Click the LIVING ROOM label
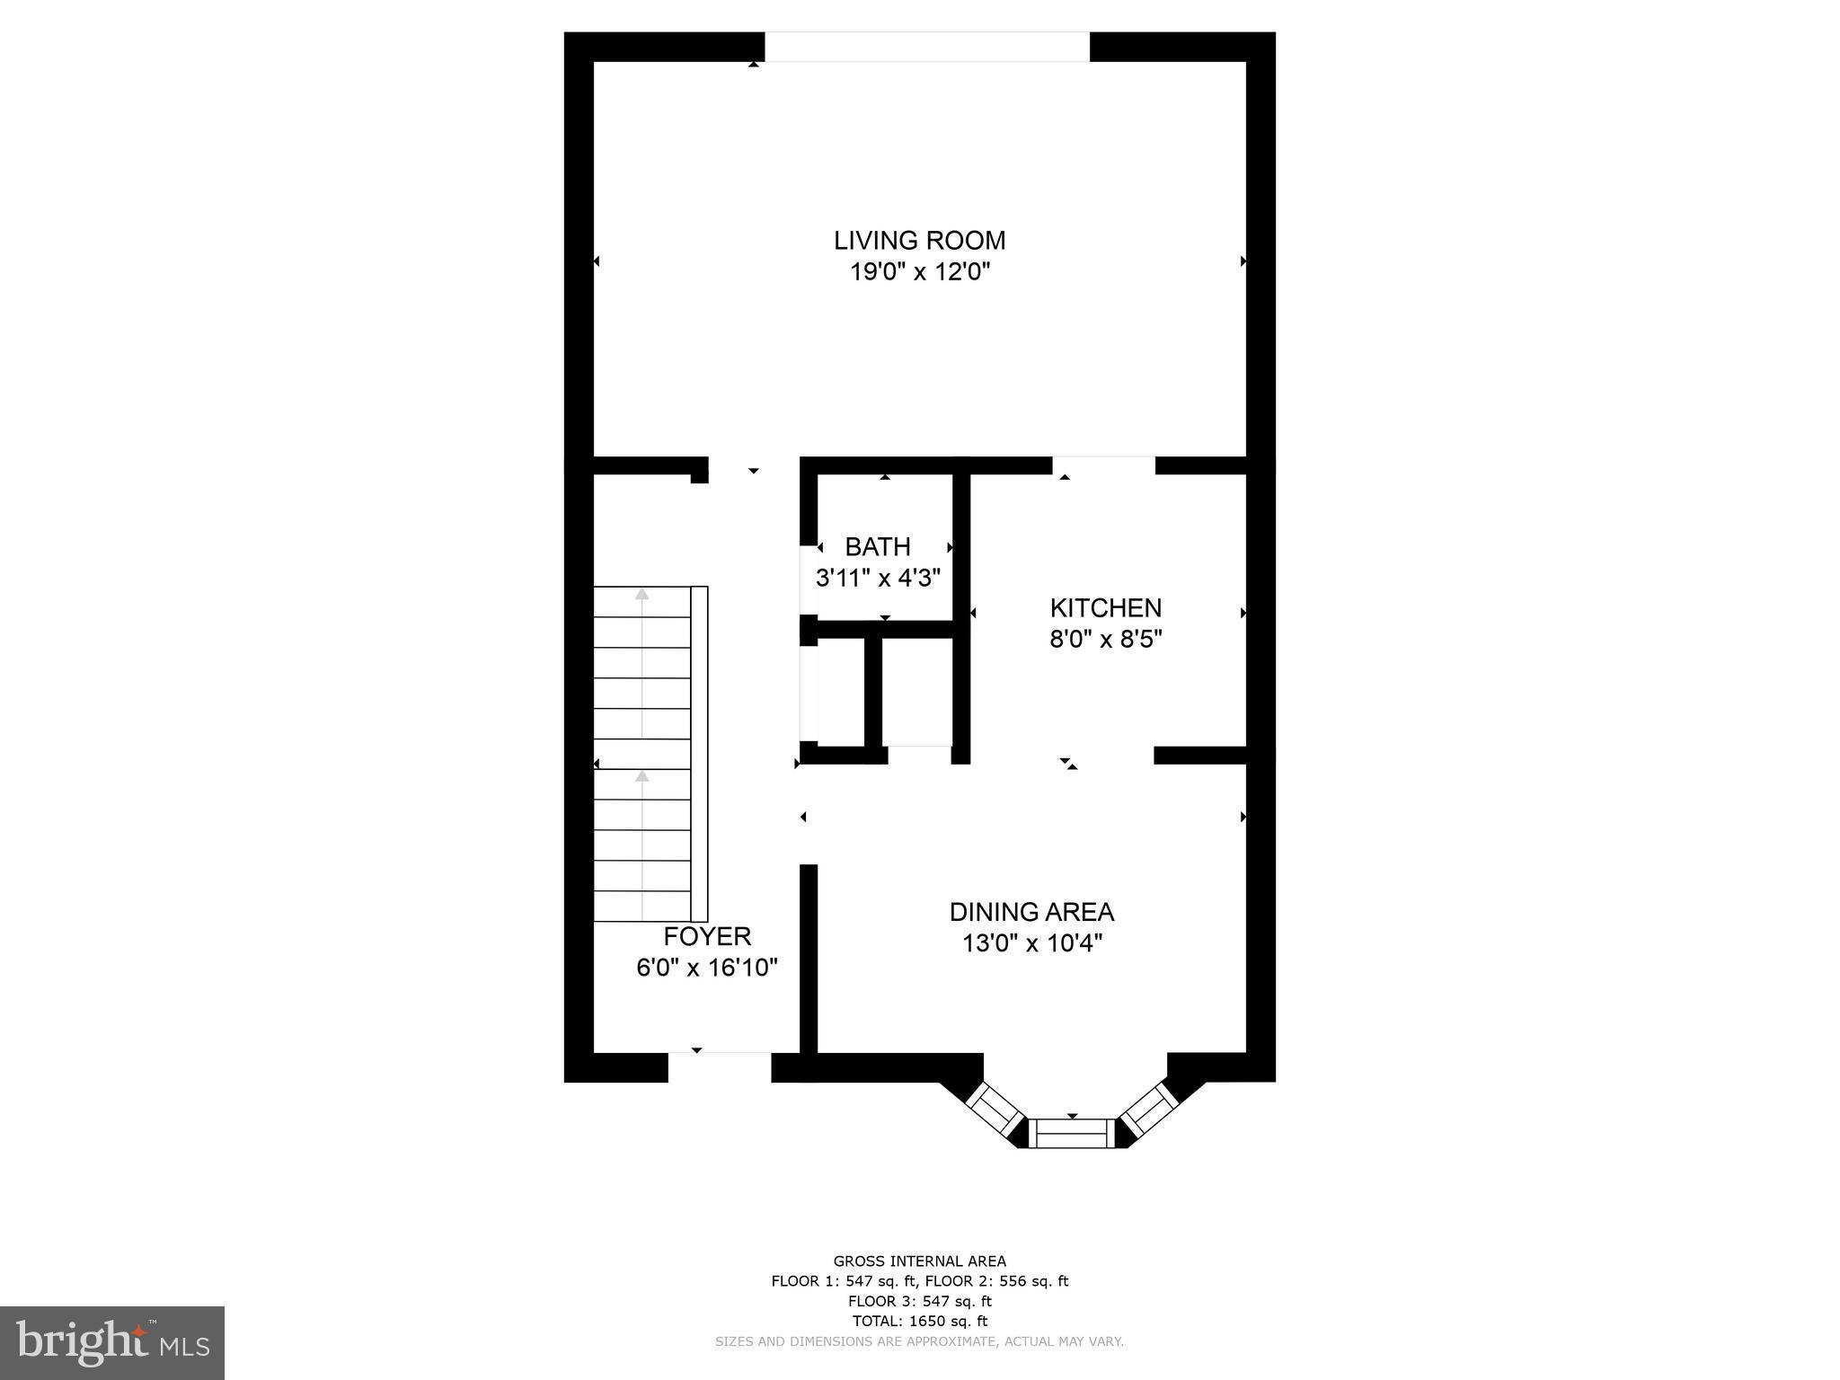919,241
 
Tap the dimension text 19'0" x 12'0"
919,272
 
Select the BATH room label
877,546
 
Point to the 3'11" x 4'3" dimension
877,578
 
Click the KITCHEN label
1105,608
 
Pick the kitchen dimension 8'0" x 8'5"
1105,640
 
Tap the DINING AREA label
1031,912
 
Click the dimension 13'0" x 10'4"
1031,943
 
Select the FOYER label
707,936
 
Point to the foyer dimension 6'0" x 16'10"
707,968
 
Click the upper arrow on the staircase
641,594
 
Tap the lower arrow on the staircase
641,776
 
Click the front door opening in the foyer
720,1066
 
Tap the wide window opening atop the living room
926,48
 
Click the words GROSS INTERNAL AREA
919,1261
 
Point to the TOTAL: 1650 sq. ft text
919,1321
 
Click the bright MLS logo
112,1343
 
